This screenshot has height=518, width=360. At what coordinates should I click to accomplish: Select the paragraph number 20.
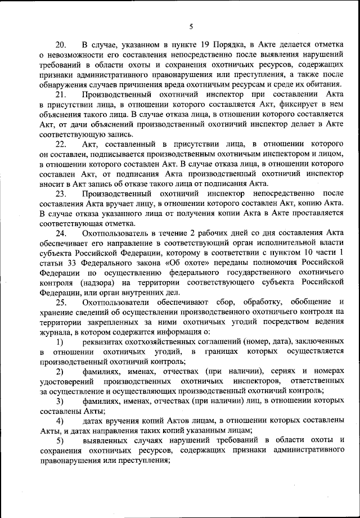[61, 45]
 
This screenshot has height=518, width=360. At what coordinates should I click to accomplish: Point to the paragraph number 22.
[61, 145]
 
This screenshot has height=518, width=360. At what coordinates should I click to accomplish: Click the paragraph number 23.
[61, 194]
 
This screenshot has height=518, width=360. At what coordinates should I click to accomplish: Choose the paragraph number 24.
[61, 233]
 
